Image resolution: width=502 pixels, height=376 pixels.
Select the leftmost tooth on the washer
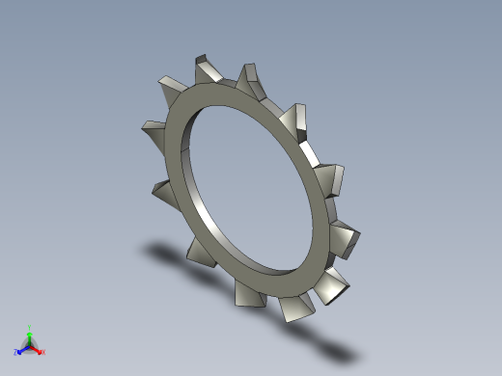(155, 128)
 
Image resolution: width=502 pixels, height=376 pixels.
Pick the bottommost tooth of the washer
(295, 309)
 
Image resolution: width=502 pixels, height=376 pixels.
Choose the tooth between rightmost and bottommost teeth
(333, 283)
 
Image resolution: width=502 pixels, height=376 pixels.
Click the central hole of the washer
(254, 188)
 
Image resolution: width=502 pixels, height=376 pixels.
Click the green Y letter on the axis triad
(30, 327)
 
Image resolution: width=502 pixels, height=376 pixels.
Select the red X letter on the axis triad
(43, 352)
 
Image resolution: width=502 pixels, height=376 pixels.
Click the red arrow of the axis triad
(37, 348)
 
